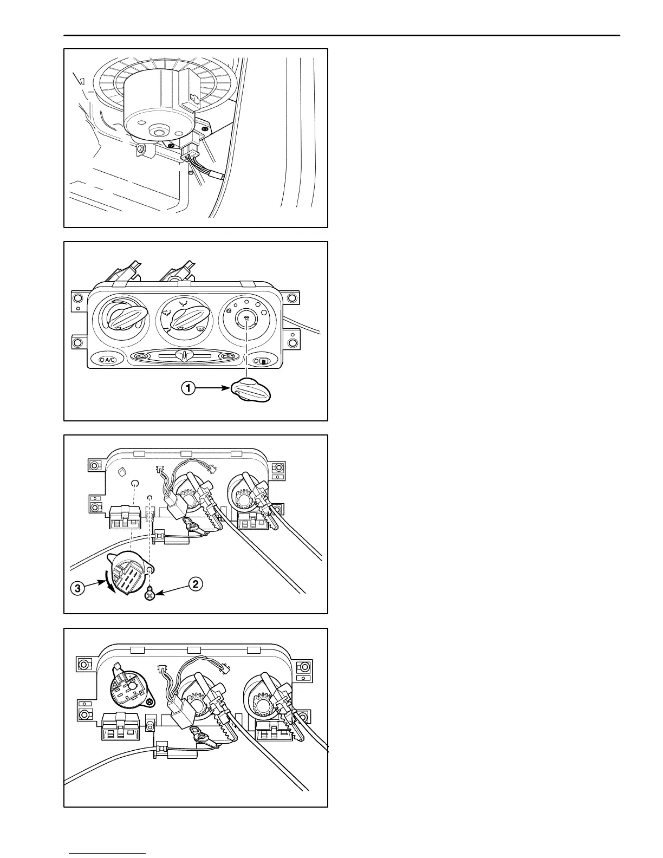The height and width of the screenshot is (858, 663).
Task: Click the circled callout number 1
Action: click(188, 388)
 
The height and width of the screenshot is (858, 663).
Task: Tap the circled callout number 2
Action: click(196, 583)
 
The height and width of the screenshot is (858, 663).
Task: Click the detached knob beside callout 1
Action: click(251, 391)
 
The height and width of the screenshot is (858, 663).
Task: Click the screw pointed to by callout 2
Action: click(149, 595)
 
